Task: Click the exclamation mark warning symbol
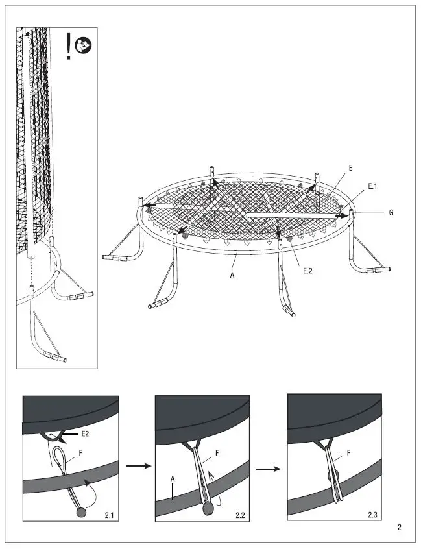click(69, 47)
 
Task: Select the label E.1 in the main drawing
click(372, 186)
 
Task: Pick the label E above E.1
click(350, 167)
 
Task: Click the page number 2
click(400, 528)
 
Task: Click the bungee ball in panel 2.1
click(81, 513)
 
